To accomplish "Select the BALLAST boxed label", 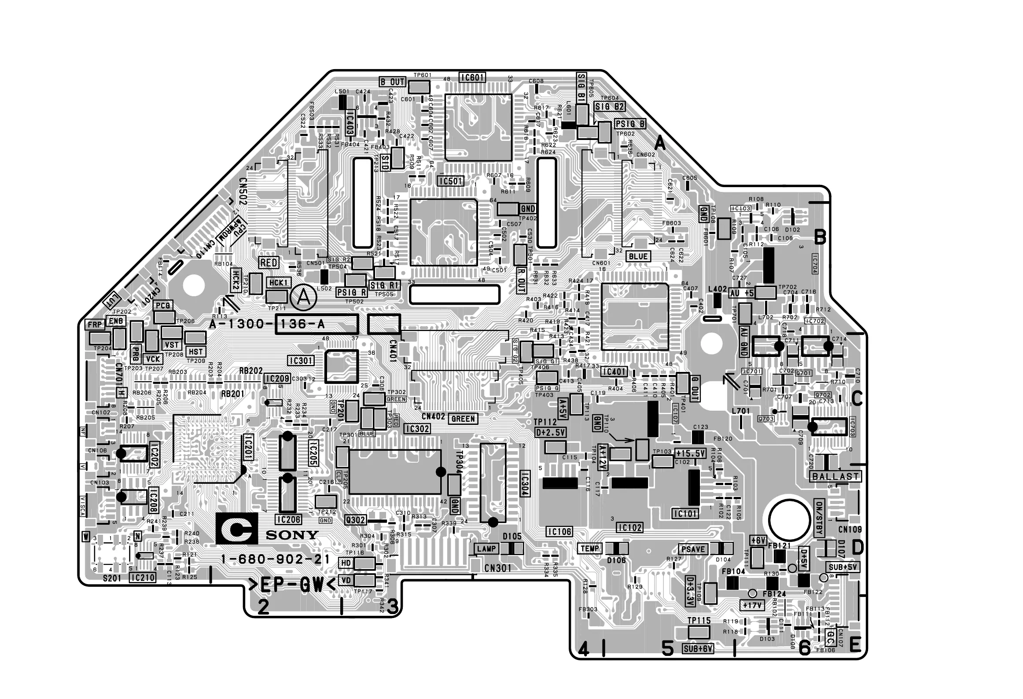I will tap(835, 476).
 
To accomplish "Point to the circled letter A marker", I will tap(303, 298).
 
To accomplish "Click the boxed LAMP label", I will tap(486, 549).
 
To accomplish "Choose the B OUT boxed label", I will tap(392, 82).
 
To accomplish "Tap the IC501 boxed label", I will tap(450, 180).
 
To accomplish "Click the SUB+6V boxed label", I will tap(698, 648).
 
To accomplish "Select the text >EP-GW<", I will tap(292, 585).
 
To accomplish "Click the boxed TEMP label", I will tap(590, 548).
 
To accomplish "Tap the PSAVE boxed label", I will tap(693, 549).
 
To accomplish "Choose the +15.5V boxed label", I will tap(690, 453).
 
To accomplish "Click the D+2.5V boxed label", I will tap(551, 432).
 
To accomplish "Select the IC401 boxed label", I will tap(614, 372).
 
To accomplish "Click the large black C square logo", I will tap(235, 528).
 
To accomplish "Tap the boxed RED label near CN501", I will tap(269, 263).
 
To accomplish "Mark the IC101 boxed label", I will tap(685, 513).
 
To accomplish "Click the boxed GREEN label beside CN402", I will tap(463, 419).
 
